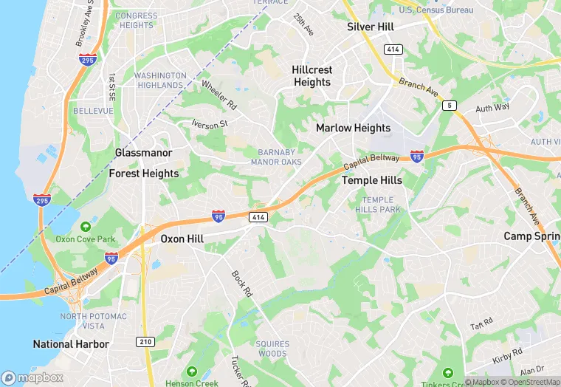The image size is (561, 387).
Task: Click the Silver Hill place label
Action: pyautogui.click(x=371, y=27)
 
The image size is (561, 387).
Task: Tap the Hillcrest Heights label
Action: pyautogui.click(x=312, y=76)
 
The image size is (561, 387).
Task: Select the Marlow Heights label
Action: pyautogui.click(x=353, y=128)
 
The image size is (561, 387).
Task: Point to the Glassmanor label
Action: pyautogui.click(x=143, y=153)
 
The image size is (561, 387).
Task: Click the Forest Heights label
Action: pyautogui.click(x=144, y=174)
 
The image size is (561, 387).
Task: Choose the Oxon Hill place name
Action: pyautogui.click(x=183, y=239)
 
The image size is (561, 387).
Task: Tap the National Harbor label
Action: pyautogui.click(x=71, y=344)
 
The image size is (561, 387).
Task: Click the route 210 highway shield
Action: pyautogui.click(x=144, y=342)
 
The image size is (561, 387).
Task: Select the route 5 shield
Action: pyautogui.click(x=449, y=106)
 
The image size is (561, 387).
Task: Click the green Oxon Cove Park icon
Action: pyautogui.click(x=86, y=226)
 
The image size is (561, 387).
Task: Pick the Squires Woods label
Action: pyautogui.click(x=272, y=349)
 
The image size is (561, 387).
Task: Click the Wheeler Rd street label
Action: pyautogui.click(x=218, y=94)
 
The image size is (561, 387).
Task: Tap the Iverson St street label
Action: pyautogui.click(x=210, y=125)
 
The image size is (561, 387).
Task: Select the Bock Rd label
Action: pyautogui.click(x=242, y=284)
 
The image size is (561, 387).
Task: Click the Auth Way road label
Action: pyautogui.click(x=492, y=108)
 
